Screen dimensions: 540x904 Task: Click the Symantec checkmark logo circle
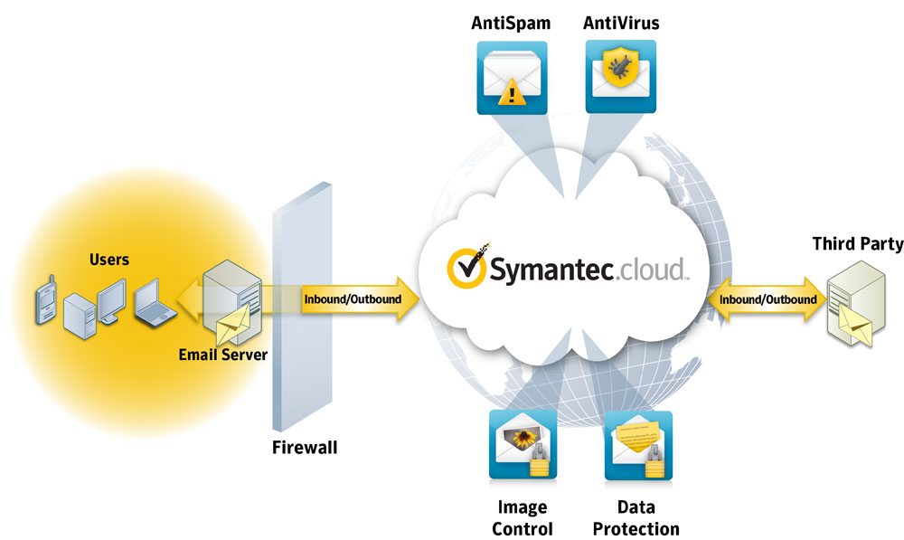tap(467, 267)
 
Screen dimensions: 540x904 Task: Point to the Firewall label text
tap(305, 447)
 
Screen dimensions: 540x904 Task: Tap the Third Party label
tap(857, 243)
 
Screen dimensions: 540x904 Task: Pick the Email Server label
tap(222, 355)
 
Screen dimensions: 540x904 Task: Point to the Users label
tap(108, 260)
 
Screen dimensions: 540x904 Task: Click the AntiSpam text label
tap(511, 24)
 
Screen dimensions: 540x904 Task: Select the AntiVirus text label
tap(621, 24)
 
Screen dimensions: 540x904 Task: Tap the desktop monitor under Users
tap(111, 298)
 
